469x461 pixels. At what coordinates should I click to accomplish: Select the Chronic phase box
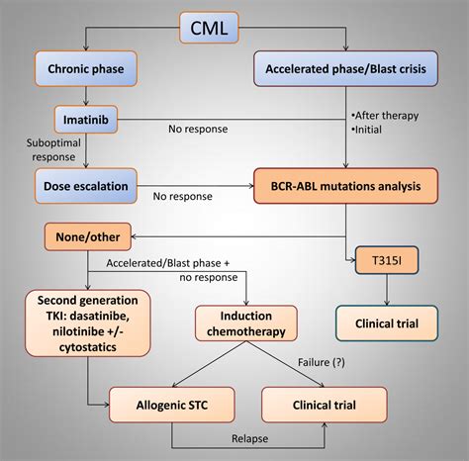pyautogui.click(x=85, y=70)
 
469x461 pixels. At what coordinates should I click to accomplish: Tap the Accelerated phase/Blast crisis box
pyautogui.click(x=346, y=70)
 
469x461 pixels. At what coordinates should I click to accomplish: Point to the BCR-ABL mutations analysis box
pyautogui.click(x=345, y=183)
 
